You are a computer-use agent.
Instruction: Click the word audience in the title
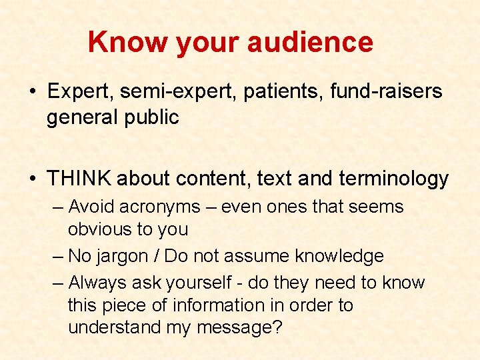(310, 42)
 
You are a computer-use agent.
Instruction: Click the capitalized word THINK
(79, 179)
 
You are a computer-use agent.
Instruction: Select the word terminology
(393, 179)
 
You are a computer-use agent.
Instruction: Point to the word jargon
(125, 257)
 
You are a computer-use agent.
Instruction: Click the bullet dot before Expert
(33, 92)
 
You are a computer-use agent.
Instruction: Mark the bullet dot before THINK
(33, 179)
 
